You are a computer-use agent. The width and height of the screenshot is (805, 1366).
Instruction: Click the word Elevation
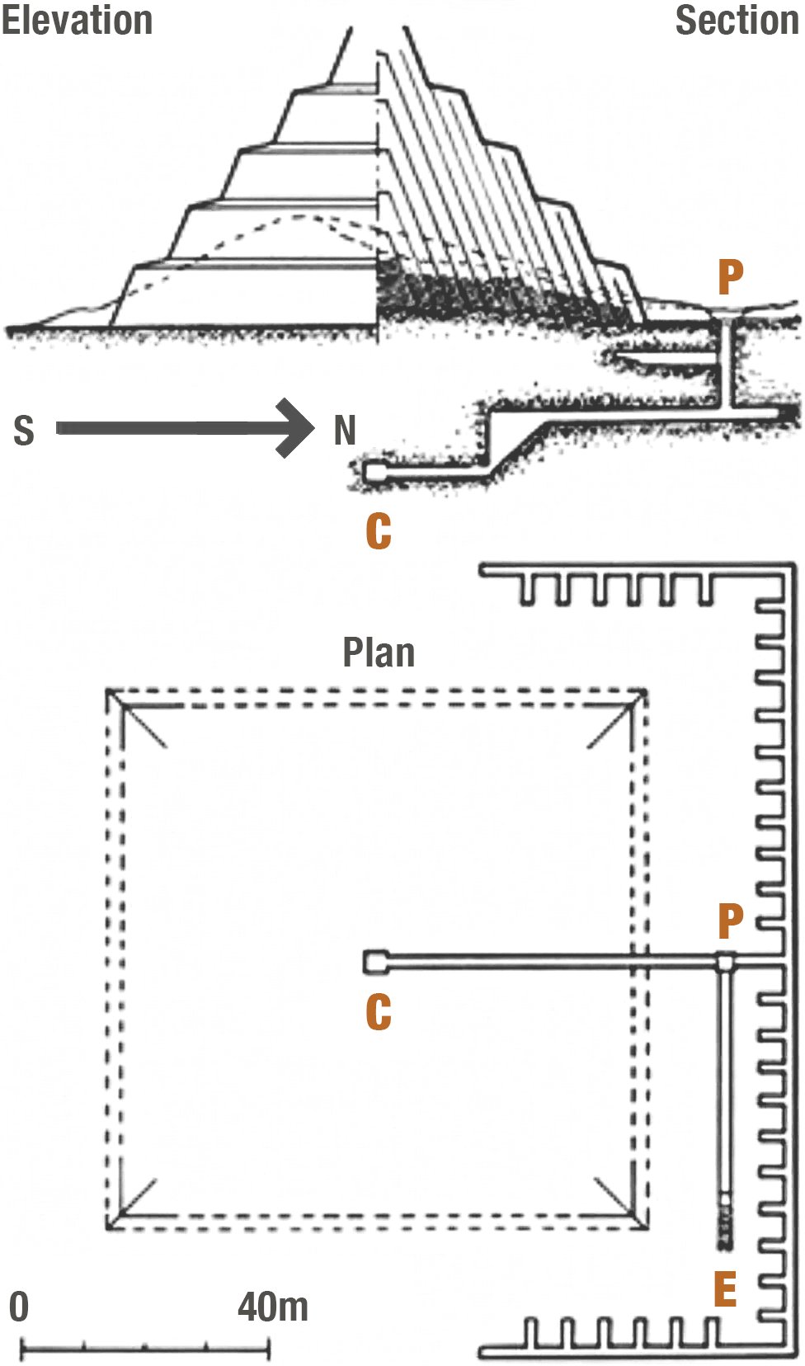point(77,20)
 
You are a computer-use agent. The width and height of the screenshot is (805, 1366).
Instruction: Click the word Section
point(737,20)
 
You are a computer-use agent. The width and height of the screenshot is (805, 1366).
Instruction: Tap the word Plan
point(379,652)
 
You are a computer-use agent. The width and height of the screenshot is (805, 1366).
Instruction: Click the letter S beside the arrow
point(24,431)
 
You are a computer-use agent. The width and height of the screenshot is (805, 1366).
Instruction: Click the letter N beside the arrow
point(345,431)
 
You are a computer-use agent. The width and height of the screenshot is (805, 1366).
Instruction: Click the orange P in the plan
point(731,921)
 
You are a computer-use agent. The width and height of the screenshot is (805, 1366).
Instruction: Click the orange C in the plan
point(379,1012)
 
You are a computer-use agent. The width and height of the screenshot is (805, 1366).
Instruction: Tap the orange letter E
point(725,1289)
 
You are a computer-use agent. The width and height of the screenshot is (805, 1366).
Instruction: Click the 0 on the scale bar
point(19,1307)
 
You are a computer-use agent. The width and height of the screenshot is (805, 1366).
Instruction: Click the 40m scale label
point(273,1307)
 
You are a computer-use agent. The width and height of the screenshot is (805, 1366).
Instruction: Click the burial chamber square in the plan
point(375,962)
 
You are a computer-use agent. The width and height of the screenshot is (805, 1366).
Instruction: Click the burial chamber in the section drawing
point(375,472)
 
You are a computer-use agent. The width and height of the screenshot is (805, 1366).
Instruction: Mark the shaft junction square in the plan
point(725,961)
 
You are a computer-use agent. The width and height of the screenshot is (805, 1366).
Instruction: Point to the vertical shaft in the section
point(725,363)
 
